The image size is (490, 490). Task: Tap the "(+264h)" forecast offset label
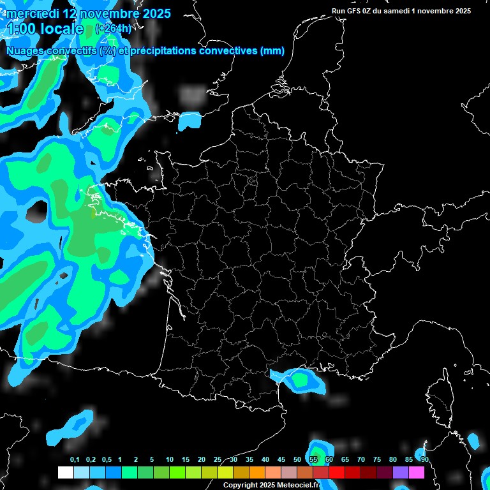(x=113, y=28)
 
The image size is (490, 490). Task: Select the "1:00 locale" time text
(x=45, y=29)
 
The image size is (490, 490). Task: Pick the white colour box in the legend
(x=65, y=472)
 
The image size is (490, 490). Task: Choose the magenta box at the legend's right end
(x=417, y=472)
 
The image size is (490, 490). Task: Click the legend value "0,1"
(x=75, y=460)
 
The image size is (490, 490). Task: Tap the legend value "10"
(x=169, y=460)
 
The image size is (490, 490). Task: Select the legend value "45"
(x=281, y=460)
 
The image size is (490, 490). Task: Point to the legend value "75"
(x=377, y=460)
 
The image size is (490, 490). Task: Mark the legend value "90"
(x=424, y=460)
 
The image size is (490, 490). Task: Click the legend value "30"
(x=234, y=460)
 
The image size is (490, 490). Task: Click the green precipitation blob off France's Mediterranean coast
(x=299, y=380)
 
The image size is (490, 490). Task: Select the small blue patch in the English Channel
(x=189, y=119)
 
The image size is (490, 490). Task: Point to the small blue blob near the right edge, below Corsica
(x=473, y=440)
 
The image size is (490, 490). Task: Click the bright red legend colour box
(x=337, y=472)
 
